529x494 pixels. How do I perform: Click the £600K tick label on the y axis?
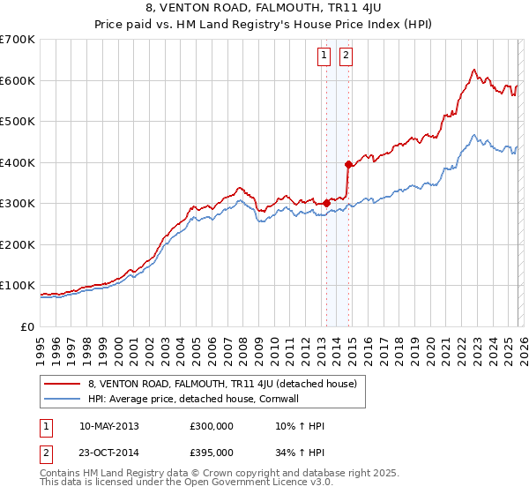(x=18, y=80)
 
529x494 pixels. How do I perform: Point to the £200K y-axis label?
(x=18, y=244)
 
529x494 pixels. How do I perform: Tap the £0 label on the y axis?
(x=28, y=326)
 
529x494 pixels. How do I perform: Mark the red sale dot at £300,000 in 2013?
(x=326, y=203)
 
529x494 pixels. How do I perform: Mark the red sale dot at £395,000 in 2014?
(x=348, y=164)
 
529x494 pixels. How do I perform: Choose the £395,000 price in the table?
(x=212, y=453)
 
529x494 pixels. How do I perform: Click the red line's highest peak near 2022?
(x=473, y=69)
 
